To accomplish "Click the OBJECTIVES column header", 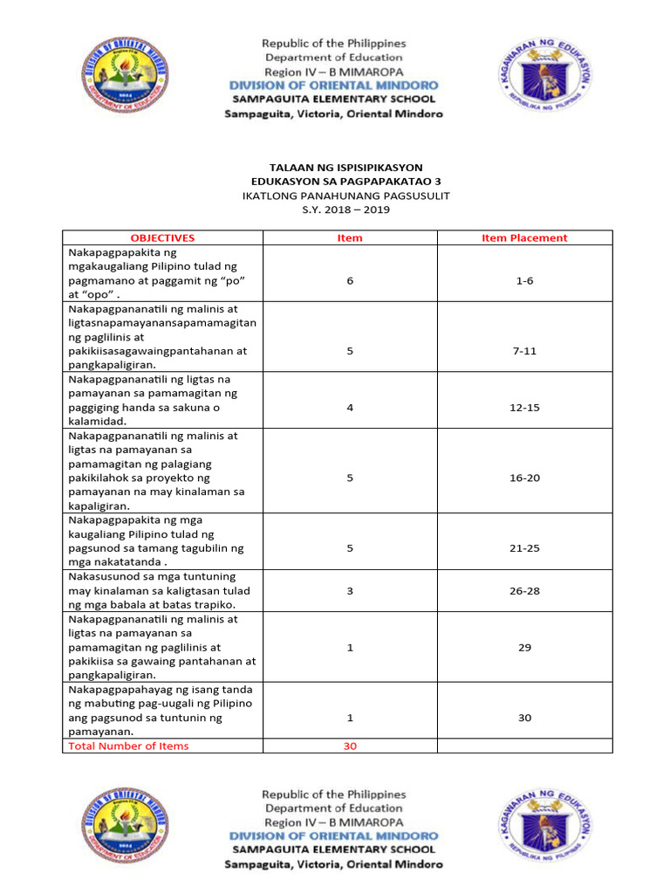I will pos(162,237).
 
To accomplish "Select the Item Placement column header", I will pos(524,237).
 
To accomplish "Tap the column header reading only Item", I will pos(350,237).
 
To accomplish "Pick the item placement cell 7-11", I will pos(524,351).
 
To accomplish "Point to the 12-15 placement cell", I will pos(524,407).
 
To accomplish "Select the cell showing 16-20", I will pos(524,478).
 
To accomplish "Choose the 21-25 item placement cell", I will pos(524,548).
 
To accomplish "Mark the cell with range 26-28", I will pos(524,591).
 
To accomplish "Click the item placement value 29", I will pos(524,647).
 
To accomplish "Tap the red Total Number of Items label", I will pos(128,746).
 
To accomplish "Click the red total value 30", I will pos(350,746).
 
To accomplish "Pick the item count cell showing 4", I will pos(350,407).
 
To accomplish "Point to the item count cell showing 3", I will pos(350,591).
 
